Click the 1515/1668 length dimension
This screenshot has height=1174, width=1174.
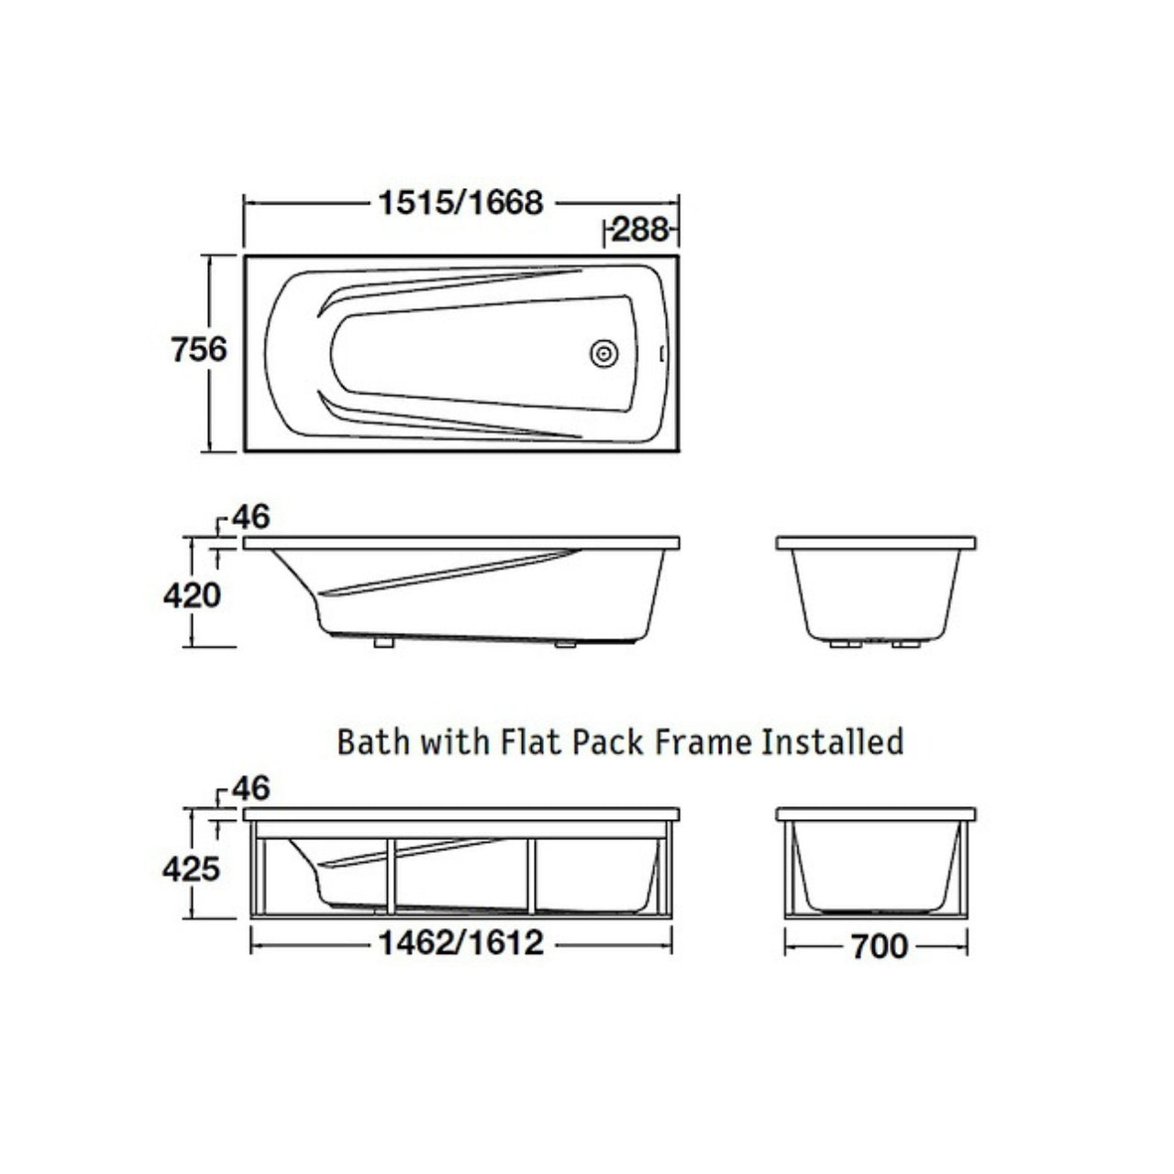coord(460,203)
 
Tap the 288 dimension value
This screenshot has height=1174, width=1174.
coord(639,230)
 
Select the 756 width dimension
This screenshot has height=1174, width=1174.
coord(199,349)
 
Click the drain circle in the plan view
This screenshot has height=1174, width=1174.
coord(604,353)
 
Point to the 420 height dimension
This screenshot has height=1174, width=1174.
coord(192,596)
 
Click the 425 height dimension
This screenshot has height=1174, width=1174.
coord(191,869)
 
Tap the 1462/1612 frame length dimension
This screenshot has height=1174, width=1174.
coord(460,944)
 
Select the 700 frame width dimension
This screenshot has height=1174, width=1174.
coord(880,947)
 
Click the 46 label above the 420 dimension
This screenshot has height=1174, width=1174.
coord(251,517)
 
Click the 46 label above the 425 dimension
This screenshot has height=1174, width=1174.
coord(251,789)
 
